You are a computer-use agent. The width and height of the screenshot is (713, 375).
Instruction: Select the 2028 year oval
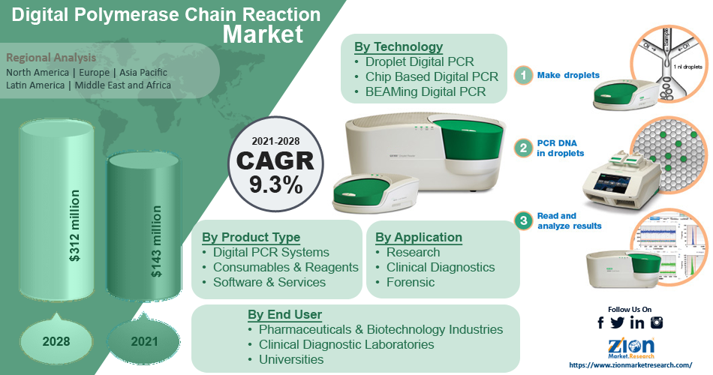point(56,341)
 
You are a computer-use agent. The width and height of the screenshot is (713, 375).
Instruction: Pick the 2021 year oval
point(144,341)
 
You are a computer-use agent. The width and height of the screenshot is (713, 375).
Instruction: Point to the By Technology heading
point(398,46)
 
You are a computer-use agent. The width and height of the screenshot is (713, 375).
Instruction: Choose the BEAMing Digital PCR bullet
point(426,91)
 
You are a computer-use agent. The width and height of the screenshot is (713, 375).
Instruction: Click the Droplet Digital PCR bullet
point(420,61)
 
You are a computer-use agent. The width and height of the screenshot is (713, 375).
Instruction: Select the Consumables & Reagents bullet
point(285,267)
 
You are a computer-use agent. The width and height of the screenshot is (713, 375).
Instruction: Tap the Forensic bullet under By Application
point(410,282)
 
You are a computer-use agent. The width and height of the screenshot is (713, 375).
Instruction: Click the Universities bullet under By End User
point(290,359)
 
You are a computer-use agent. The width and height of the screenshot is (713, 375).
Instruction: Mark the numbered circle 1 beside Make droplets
point(523,75)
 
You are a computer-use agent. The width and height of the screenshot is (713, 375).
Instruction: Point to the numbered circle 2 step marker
point(523,148)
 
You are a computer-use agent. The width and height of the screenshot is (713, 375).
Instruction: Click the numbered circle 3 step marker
point(523,220)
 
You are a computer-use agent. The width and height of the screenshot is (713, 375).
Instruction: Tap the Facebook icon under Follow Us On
point(600,322)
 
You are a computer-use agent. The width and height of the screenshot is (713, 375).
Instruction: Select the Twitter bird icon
point(618,322)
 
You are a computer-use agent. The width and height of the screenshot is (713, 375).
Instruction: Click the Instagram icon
point(657,322)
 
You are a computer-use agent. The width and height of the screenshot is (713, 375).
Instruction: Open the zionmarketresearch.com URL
point(630,365)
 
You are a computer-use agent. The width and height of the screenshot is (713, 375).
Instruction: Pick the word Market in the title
point(263,34)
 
